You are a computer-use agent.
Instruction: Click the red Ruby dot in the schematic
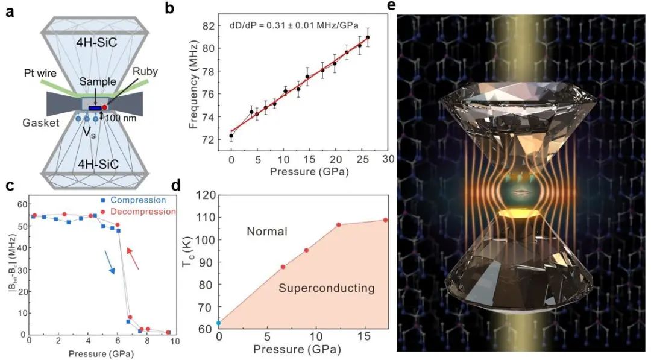(104, 107)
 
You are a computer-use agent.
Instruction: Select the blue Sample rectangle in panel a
(95, 108)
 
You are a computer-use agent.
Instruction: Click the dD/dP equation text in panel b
(294, 26)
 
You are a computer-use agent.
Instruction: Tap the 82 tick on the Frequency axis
(216, 25)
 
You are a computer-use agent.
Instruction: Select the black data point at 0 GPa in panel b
(231, 136)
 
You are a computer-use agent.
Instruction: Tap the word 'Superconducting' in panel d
(327, 289)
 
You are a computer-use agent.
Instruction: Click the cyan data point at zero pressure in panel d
(219, 323)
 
